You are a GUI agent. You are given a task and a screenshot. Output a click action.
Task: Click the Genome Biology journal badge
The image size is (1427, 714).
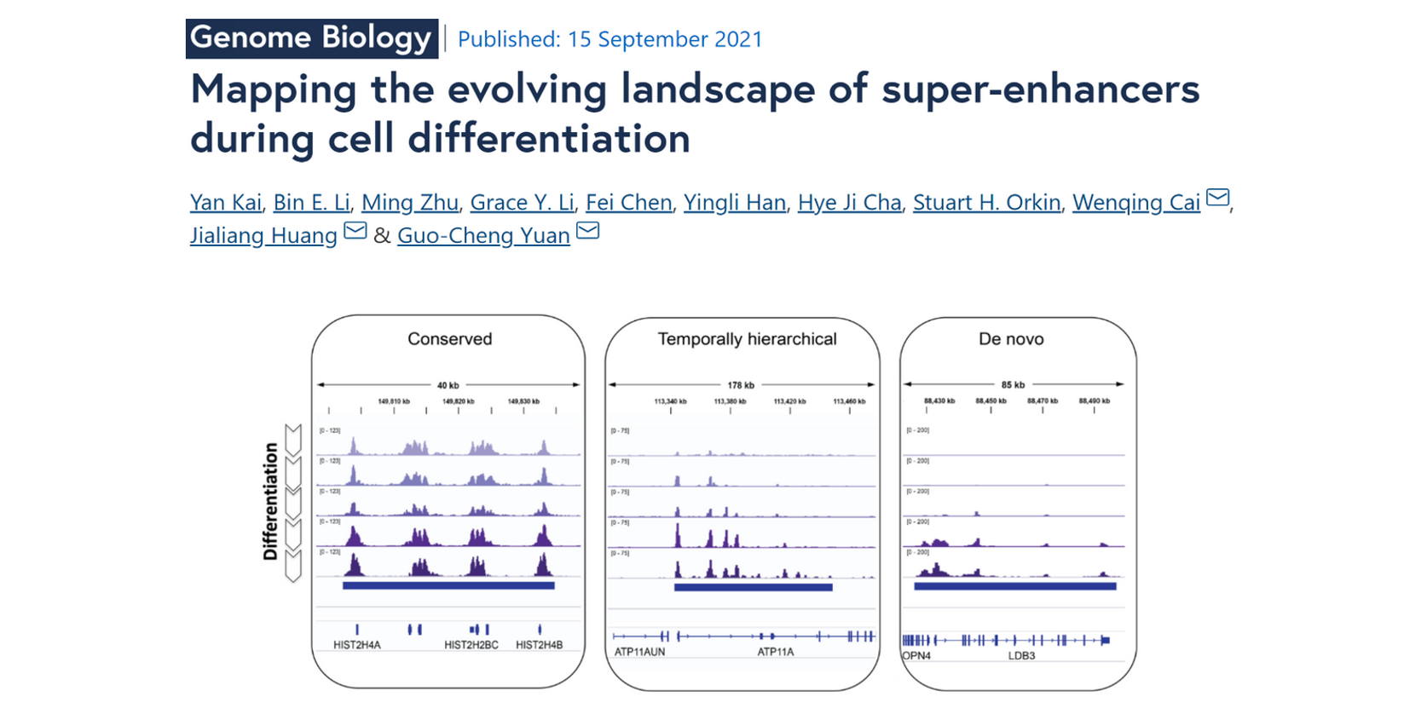pyautogui.click(x=311, y=38)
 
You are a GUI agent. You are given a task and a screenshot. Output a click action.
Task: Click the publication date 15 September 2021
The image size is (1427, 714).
pyautogui.click(x=610, y=39)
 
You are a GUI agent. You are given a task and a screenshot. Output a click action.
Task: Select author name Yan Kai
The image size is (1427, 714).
pyautogui.click(x=225, y=203)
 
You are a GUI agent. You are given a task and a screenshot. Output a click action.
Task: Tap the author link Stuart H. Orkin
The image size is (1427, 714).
pyautogui.click(x=986, y=203)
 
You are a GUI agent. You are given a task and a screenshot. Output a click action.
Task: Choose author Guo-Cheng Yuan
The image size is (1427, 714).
pyautogui.click(x=483, y=236)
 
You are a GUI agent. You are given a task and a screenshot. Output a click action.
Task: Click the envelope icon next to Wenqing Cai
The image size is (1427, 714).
pyautogui.click(x=1218, y=199)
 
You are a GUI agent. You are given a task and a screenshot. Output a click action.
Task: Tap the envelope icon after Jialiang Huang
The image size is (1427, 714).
pyautogui.click(x=355, y=231)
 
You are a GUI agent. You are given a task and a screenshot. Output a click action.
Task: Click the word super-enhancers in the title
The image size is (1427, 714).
pyautogui.click(x=1040, y=89)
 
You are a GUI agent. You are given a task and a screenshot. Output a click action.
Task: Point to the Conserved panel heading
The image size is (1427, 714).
pyautogui.click(x=449, y=339)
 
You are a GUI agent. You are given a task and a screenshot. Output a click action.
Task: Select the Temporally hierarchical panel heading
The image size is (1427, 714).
pyautogui.click(x=747, y=339)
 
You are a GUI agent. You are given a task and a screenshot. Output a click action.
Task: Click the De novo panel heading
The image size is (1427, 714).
pyautogui.click(x=1011, y=339)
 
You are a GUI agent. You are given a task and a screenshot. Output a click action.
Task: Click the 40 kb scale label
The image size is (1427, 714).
pyautogui.click(x=448, y=385)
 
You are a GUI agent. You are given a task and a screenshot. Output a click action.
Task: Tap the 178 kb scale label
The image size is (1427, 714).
pyautogui.click(x=741, y=385)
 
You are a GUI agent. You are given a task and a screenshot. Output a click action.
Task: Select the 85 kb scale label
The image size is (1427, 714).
pyautogui.click(x=1013, y=385)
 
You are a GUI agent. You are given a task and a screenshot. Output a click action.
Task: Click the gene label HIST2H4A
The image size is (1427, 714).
pyautogui.click(x=357, y=645)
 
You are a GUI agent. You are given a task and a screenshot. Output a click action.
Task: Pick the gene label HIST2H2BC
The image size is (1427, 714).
pyautogui.click(x=471, y=645)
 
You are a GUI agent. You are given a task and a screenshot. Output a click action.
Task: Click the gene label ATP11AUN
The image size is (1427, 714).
pyautogui.click(x=639, y=652)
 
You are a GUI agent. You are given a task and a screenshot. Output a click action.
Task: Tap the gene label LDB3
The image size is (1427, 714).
pyautogui.click(x=1021, y=655)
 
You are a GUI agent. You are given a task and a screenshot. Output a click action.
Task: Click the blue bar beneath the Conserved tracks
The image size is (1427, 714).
pyautogui.click(x=448, y=585)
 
